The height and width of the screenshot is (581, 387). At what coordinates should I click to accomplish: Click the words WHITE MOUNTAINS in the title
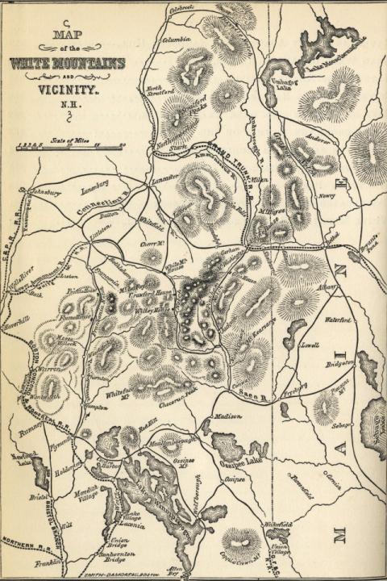[77, 63]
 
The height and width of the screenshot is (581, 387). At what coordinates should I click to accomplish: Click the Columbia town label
[177, 38]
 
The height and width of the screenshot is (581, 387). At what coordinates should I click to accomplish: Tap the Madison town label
[228, 416]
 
